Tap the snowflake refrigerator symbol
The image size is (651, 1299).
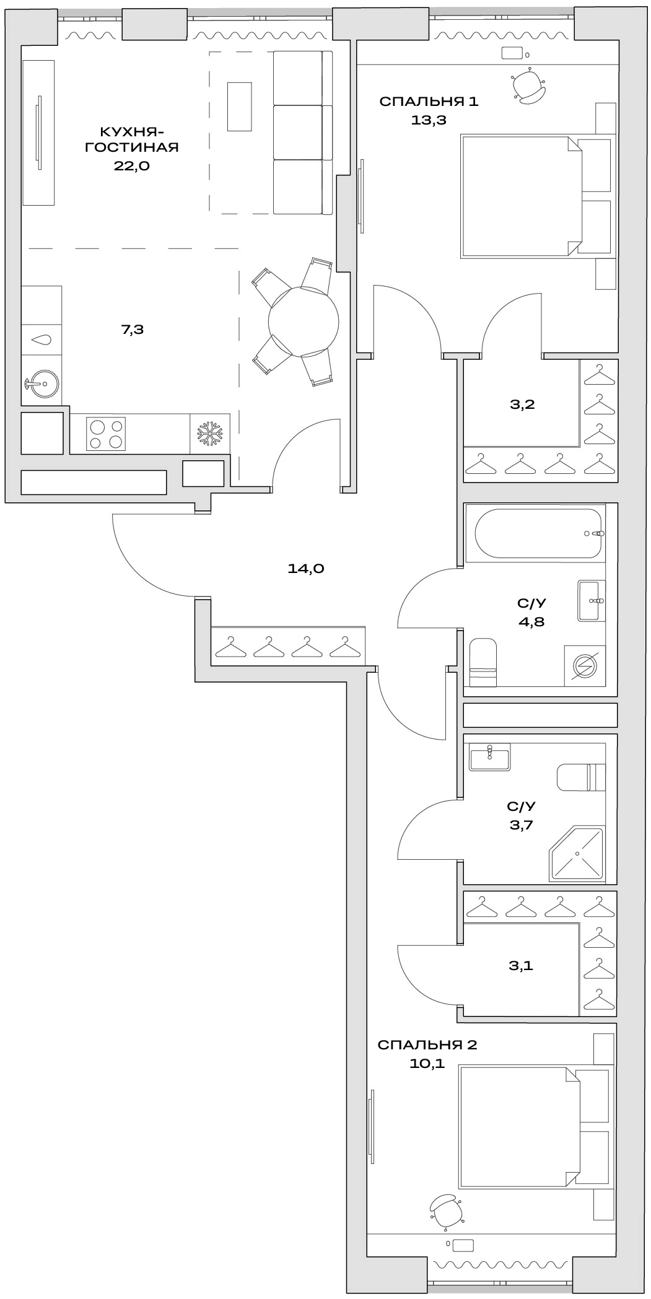(x=209, y=434)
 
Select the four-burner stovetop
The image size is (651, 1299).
(x=106, y=434)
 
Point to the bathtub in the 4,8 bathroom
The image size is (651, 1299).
(x=538, y=533)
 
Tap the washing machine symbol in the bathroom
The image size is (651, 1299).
(x=585, y=666)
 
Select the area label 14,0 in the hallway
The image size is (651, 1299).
(x=306, y=568)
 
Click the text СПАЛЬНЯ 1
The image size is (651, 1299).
(x=429, y=102)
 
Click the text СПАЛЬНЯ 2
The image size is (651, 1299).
(x=427, y=1045)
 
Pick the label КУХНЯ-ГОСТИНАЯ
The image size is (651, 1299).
(x=131, y=139)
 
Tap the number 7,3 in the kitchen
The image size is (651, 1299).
(x=132, y=330)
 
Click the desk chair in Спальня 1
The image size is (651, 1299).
(x=529, y=85)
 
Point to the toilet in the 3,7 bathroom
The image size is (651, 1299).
(x=580, y=777)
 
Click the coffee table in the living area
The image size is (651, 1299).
(x=239, y=107)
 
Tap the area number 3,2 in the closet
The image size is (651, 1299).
(x=522, y=405)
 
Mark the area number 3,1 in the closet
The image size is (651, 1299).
(x=521, y=964)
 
